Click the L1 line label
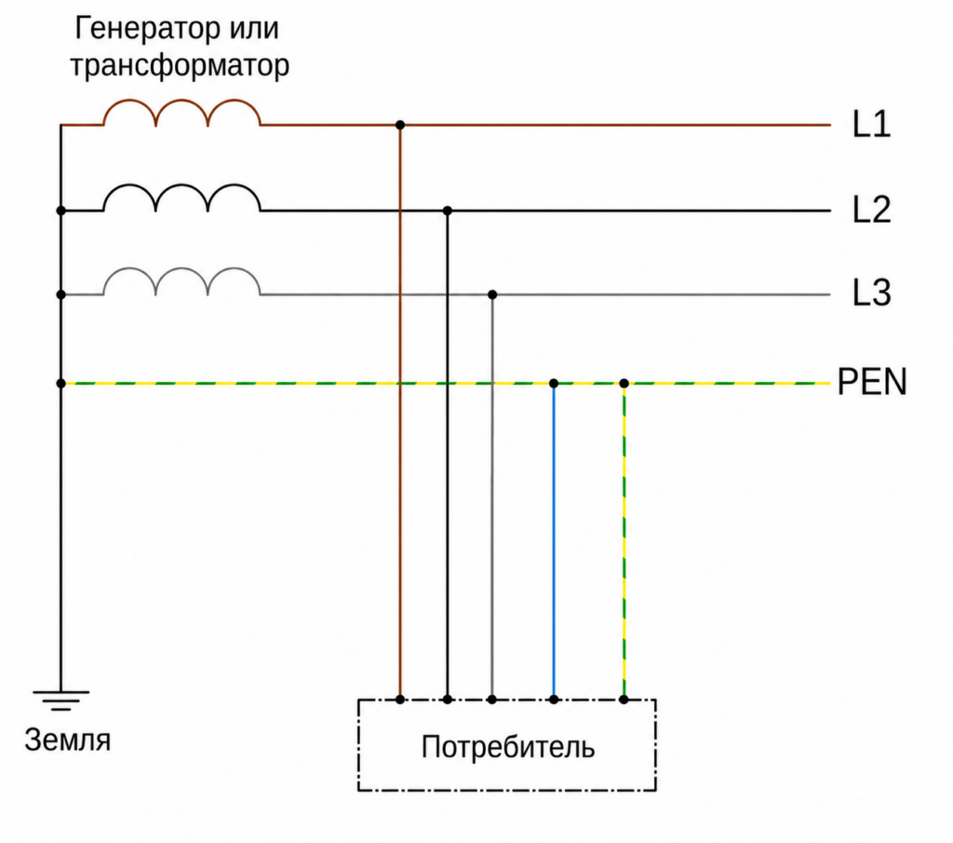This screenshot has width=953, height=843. coord(871,124)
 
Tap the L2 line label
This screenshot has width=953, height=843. coord(871,210)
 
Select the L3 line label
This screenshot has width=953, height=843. coord(871,292)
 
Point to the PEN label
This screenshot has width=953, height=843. coord(871,382)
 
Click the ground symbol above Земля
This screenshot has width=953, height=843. coord(60,700)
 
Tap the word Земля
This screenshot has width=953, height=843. coord(67,741)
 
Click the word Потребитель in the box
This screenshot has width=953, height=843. coord(507,747)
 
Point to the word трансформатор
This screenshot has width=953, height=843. coord(180,66)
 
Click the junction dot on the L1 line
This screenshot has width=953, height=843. coord(400,126)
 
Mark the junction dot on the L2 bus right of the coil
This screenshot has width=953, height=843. coord(448,211)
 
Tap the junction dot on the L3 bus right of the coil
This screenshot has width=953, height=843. coord(492,295)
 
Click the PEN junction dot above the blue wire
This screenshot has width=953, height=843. coord(554,384)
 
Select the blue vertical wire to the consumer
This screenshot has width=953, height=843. coord(554,541)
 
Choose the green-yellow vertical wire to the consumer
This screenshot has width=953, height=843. coord(624,541)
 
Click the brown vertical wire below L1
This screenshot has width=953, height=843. coord(400,413)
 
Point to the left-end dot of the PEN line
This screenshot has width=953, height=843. coord(60,384)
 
